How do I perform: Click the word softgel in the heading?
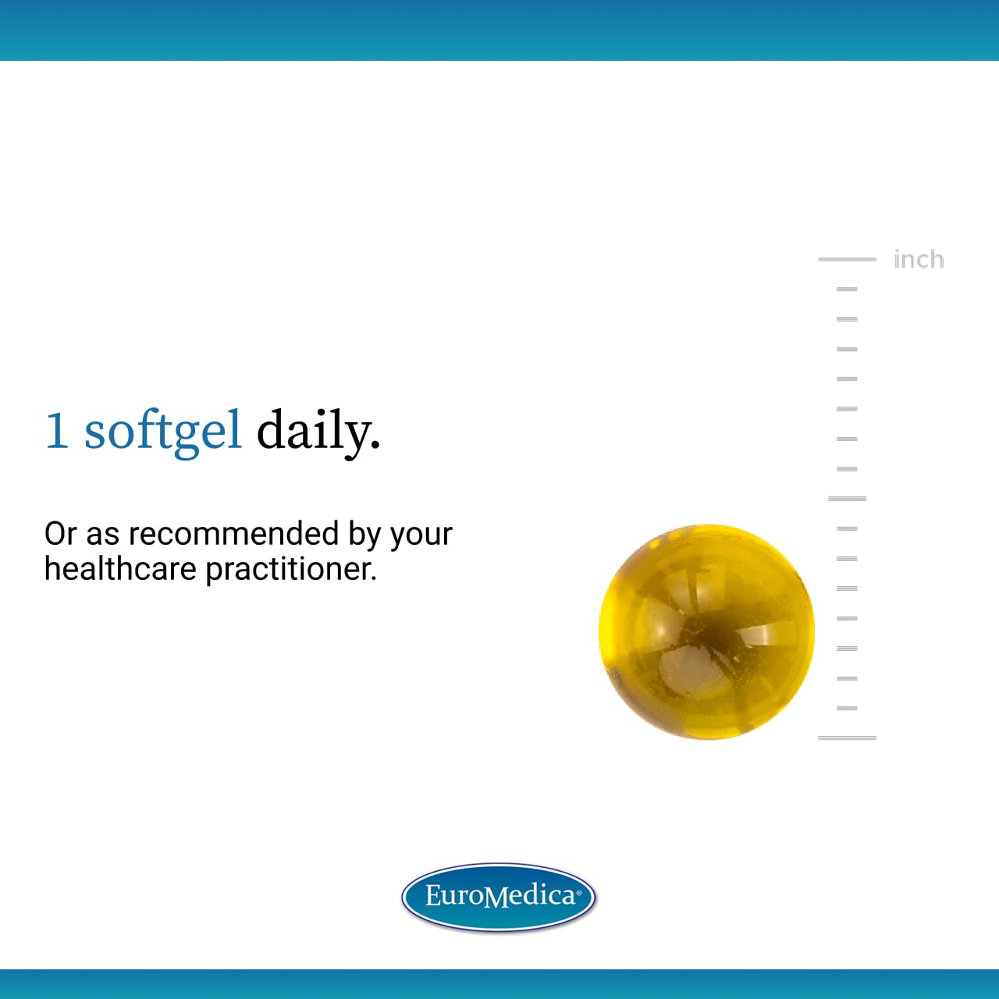tap(163, 431)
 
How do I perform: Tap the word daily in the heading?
tap(317, 431)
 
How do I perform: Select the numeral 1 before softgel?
tap(56, 431)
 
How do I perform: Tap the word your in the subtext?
tap(421, 535)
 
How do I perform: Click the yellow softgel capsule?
tap(706, 631)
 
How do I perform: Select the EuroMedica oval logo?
tap(499, 897)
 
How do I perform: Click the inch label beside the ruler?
tap(919, 259)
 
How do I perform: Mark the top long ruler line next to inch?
tap(847, 258)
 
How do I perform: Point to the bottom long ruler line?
tap(847, 738)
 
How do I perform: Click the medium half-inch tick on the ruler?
tap(847, 498)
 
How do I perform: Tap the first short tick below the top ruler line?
tap(847, 289)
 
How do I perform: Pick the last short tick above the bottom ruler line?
tap(847, 708)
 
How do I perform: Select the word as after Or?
tap(102, 535)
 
